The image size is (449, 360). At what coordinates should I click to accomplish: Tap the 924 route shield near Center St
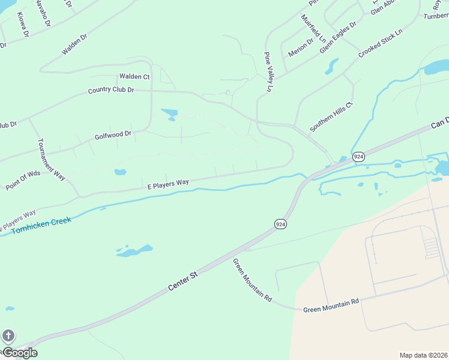click(x=280, y=224)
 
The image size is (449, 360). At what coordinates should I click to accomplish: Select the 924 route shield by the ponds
click(x=358, y=156)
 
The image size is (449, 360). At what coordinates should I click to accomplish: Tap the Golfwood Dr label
click(x=113, y=136)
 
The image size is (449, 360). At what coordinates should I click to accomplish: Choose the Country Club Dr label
click(x=110, y=90)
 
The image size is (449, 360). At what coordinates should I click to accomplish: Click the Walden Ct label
click(x=134, y=77)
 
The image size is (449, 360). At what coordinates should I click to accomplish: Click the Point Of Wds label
click(x=23, y=180)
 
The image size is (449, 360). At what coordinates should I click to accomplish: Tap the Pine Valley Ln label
click(x=268, y=72)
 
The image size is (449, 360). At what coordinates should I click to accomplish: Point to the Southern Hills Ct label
click(x=332, y=116)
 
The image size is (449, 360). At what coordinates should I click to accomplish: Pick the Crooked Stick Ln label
click(x=380, y=42)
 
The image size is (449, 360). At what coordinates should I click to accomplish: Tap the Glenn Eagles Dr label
click(x=338, y=37)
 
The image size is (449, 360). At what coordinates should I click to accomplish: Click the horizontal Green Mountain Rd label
click(x=331, y=305)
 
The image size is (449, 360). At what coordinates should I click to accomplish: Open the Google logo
click(x=19, y=353)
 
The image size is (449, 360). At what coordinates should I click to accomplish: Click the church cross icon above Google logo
click(x=8, y=336)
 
